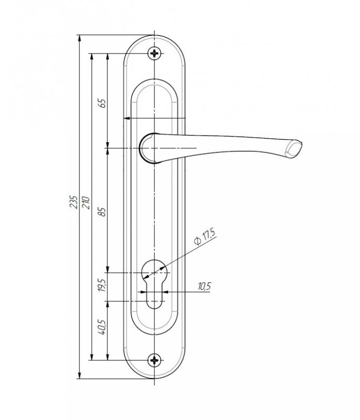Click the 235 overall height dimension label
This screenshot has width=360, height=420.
73,202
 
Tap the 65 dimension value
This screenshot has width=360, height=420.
102,103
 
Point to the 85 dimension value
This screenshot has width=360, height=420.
102,212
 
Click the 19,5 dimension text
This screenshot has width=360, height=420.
101,285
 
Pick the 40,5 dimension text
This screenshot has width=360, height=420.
102,327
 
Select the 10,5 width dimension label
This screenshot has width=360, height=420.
204,286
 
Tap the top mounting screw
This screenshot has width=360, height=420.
155,54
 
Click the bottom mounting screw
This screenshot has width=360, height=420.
155,360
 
